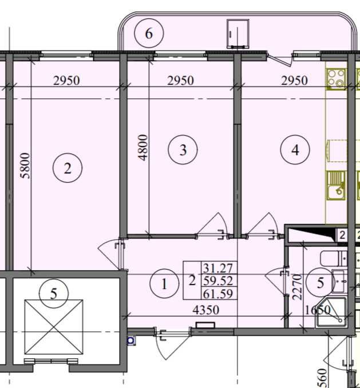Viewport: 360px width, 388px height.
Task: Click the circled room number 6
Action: tap(149, 33)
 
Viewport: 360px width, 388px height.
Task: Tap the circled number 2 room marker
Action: tap(68, 168)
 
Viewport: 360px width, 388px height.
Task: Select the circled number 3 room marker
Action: tap(183, 150)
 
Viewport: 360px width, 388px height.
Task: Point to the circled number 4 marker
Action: tap(295, 150)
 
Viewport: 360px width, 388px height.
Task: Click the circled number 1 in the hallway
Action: tap(164, 284)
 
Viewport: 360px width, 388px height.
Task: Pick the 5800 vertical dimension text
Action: tap(26, 165)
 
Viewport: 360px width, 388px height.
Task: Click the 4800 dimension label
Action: tap(143, 148)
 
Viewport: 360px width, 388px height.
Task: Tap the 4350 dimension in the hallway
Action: tap(206, 310)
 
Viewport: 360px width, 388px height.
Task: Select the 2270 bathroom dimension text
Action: tap(297, 287)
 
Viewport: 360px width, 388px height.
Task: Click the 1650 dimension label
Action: tap(318, 310)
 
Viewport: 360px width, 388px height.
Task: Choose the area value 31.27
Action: tap(218, 268)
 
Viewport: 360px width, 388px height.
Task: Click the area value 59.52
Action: tap(218, 281)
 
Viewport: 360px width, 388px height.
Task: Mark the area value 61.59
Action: tap(218, 294)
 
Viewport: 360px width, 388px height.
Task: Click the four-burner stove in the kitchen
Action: tap(336, 79)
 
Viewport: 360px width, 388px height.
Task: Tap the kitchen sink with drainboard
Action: tap(336, 185)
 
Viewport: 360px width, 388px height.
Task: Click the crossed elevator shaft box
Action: tap(54, 327)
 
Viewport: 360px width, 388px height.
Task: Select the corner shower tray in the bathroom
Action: tap(331, 312)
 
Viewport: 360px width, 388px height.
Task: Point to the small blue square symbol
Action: tap(130, 341)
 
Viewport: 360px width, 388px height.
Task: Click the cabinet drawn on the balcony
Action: tap(238, 34)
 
